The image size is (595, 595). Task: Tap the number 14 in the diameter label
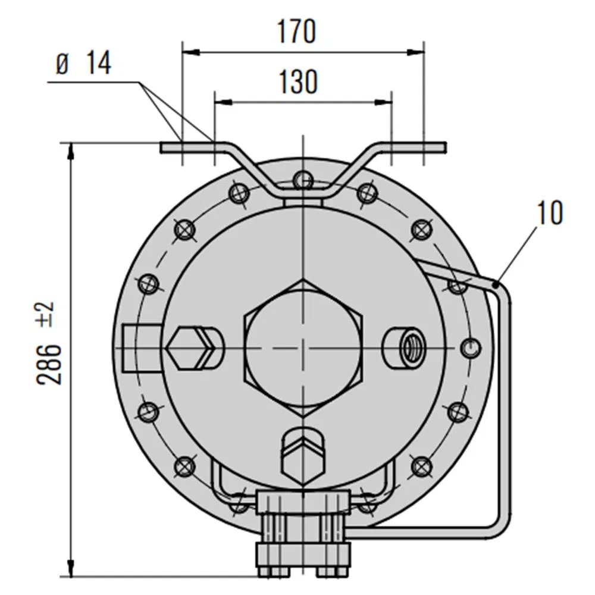pos(98,64)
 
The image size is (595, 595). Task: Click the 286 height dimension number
pos(51,364)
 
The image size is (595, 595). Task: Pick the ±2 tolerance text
pos(48,314)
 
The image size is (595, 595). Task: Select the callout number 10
pos(549,213)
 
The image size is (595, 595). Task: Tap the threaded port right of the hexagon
pos(409,347)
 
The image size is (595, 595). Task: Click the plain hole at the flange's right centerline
pos(469,347)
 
